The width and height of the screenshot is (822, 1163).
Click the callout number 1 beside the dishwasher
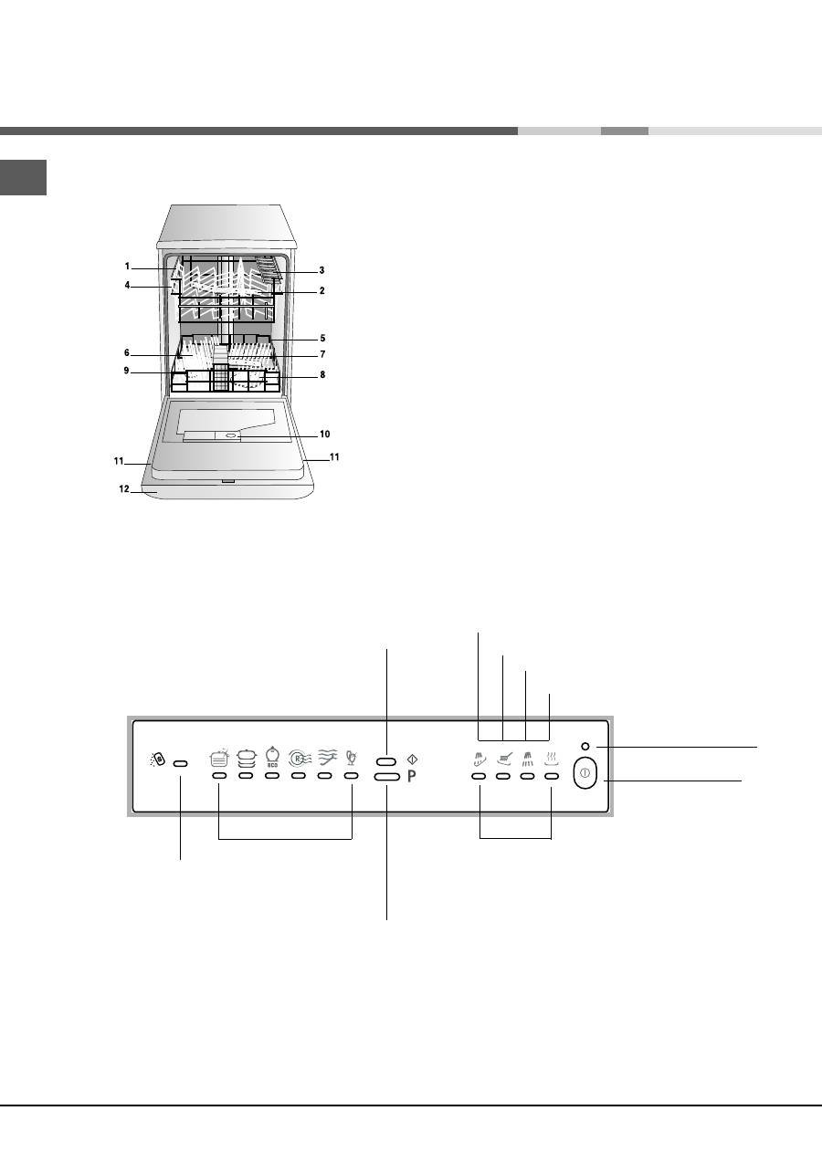[x=127, y=267]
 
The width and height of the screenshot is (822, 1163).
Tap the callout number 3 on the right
[x=322, y=270]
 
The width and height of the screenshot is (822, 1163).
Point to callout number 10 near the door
[x=325, y=434]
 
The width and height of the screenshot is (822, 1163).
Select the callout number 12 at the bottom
[x=124, y=488]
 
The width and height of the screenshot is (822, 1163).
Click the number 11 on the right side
[x=334, y=456]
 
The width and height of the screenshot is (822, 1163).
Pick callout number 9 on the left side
[x=126, y=371]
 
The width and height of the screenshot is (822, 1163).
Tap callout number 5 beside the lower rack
[x=322, y=338]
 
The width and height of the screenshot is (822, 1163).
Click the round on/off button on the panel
[x=585, y=772]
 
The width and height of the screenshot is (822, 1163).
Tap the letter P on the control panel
[x=412, y=776]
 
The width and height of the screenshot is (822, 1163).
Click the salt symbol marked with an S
[x=158, y=760]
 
